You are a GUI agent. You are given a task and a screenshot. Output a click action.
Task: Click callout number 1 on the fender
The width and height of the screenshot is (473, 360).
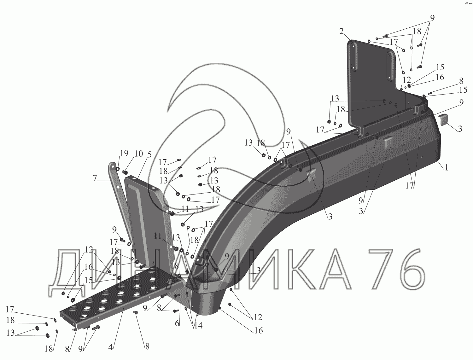tap(447, 167)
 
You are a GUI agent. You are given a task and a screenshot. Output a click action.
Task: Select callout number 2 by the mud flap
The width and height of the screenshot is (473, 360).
tap(341, 32)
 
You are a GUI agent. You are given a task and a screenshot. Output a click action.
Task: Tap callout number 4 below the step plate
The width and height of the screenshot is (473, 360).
tap(111, 347)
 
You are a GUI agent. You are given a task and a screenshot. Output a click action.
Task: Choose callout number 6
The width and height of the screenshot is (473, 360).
tap(177, 323)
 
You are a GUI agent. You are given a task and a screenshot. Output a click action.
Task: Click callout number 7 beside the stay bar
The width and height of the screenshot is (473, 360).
tap(95, 178)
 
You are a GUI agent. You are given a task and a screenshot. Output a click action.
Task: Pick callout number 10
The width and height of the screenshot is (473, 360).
tap(139, 154)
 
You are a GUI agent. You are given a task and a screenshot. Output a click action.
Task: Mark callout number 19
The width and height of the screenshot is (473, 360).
tap(124, 153)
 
